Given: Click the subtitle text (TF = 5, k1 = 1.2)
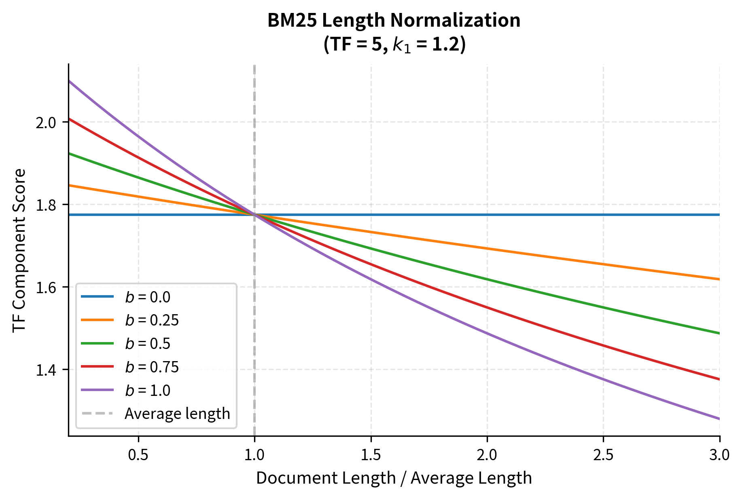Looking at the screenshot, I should [394, 44].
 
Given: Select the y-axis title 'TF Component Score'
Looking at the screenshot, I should [19, 251].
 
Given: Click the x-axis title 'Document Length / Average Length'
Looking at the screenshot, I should [394, 478].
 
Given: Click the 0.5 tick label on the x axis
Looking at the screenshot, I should [138, 455].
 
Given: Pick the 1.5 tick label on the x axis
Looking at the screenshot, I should [371, 455].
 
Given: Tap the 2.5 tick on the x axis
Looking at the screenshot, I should [603, 455].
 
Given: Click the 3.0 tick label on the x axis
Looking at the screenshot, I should [719, 455].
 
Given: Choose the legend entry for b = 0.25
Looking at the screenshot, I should [152, 320].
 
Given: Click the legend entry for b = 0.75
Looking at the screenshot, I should [152, 367].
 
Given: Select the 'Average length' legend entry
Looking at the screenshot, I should [177, 414].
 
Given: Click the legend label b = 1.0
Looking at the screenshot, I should [148, 391].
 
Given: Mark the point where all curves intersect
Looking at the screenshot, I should [254, 215].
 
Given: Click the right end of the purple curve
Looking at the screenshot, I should [719, 419].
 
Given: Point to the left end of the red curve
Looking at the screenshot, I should [70, 119].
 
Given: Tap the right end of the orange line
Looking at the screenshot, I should [719, 279].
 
